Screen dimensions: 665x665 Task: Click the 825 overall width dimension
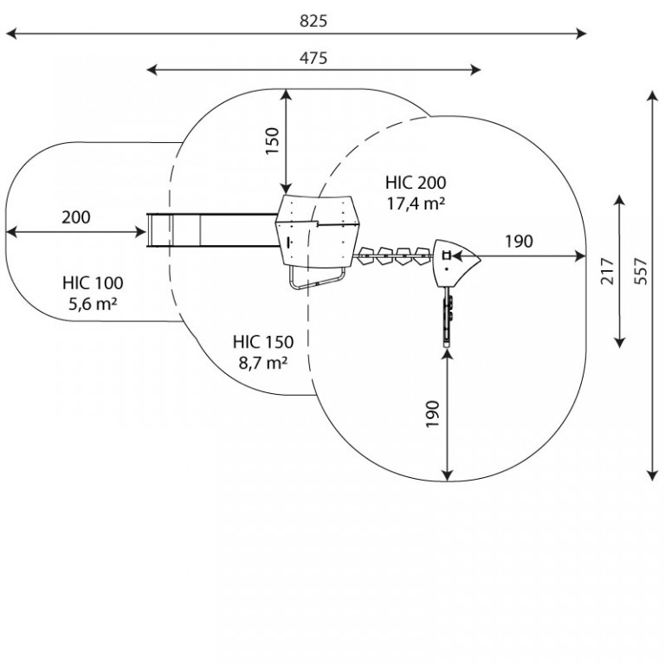point(313,21)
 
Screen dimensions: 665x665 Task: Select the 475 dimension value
point(313,58)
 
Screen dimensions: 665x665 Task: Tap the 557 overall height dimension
point(642,271)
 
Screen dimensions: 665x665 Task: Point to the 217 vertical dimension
point(607,271)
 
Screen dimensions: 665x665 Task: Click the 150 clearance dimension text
point(273,141)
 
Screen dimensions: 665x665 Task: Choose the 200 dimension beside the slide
point(76,217)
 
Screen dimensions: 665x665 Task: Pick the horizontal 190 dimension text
point(519,242)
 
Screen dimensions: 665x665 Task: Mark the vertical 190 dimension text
point(432,414)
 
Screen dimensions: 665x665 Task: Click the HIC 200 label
point(416,183)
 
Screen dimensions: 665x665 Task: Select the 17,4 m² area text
point(416,204)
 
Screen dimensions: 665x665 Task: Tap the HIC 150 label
point(263,342)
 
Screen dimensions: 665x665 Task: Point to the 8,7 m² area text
point(263,363)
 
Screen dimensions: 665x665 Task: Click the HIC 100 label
point(93,283)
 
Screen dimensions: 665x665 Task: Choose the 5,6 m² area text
point(93,304)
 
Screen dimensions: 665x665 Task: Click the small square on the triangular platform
point(446,255)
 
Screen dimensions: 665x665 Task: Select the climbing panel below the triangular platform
point(448,317)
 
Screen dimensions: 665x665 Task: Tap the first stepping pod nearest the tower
point(366,256)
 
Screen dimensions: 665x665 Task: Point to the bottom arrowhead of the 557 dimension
point(652,475)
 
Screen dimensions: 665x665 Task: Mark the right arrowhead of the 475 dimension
point(475,70)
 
